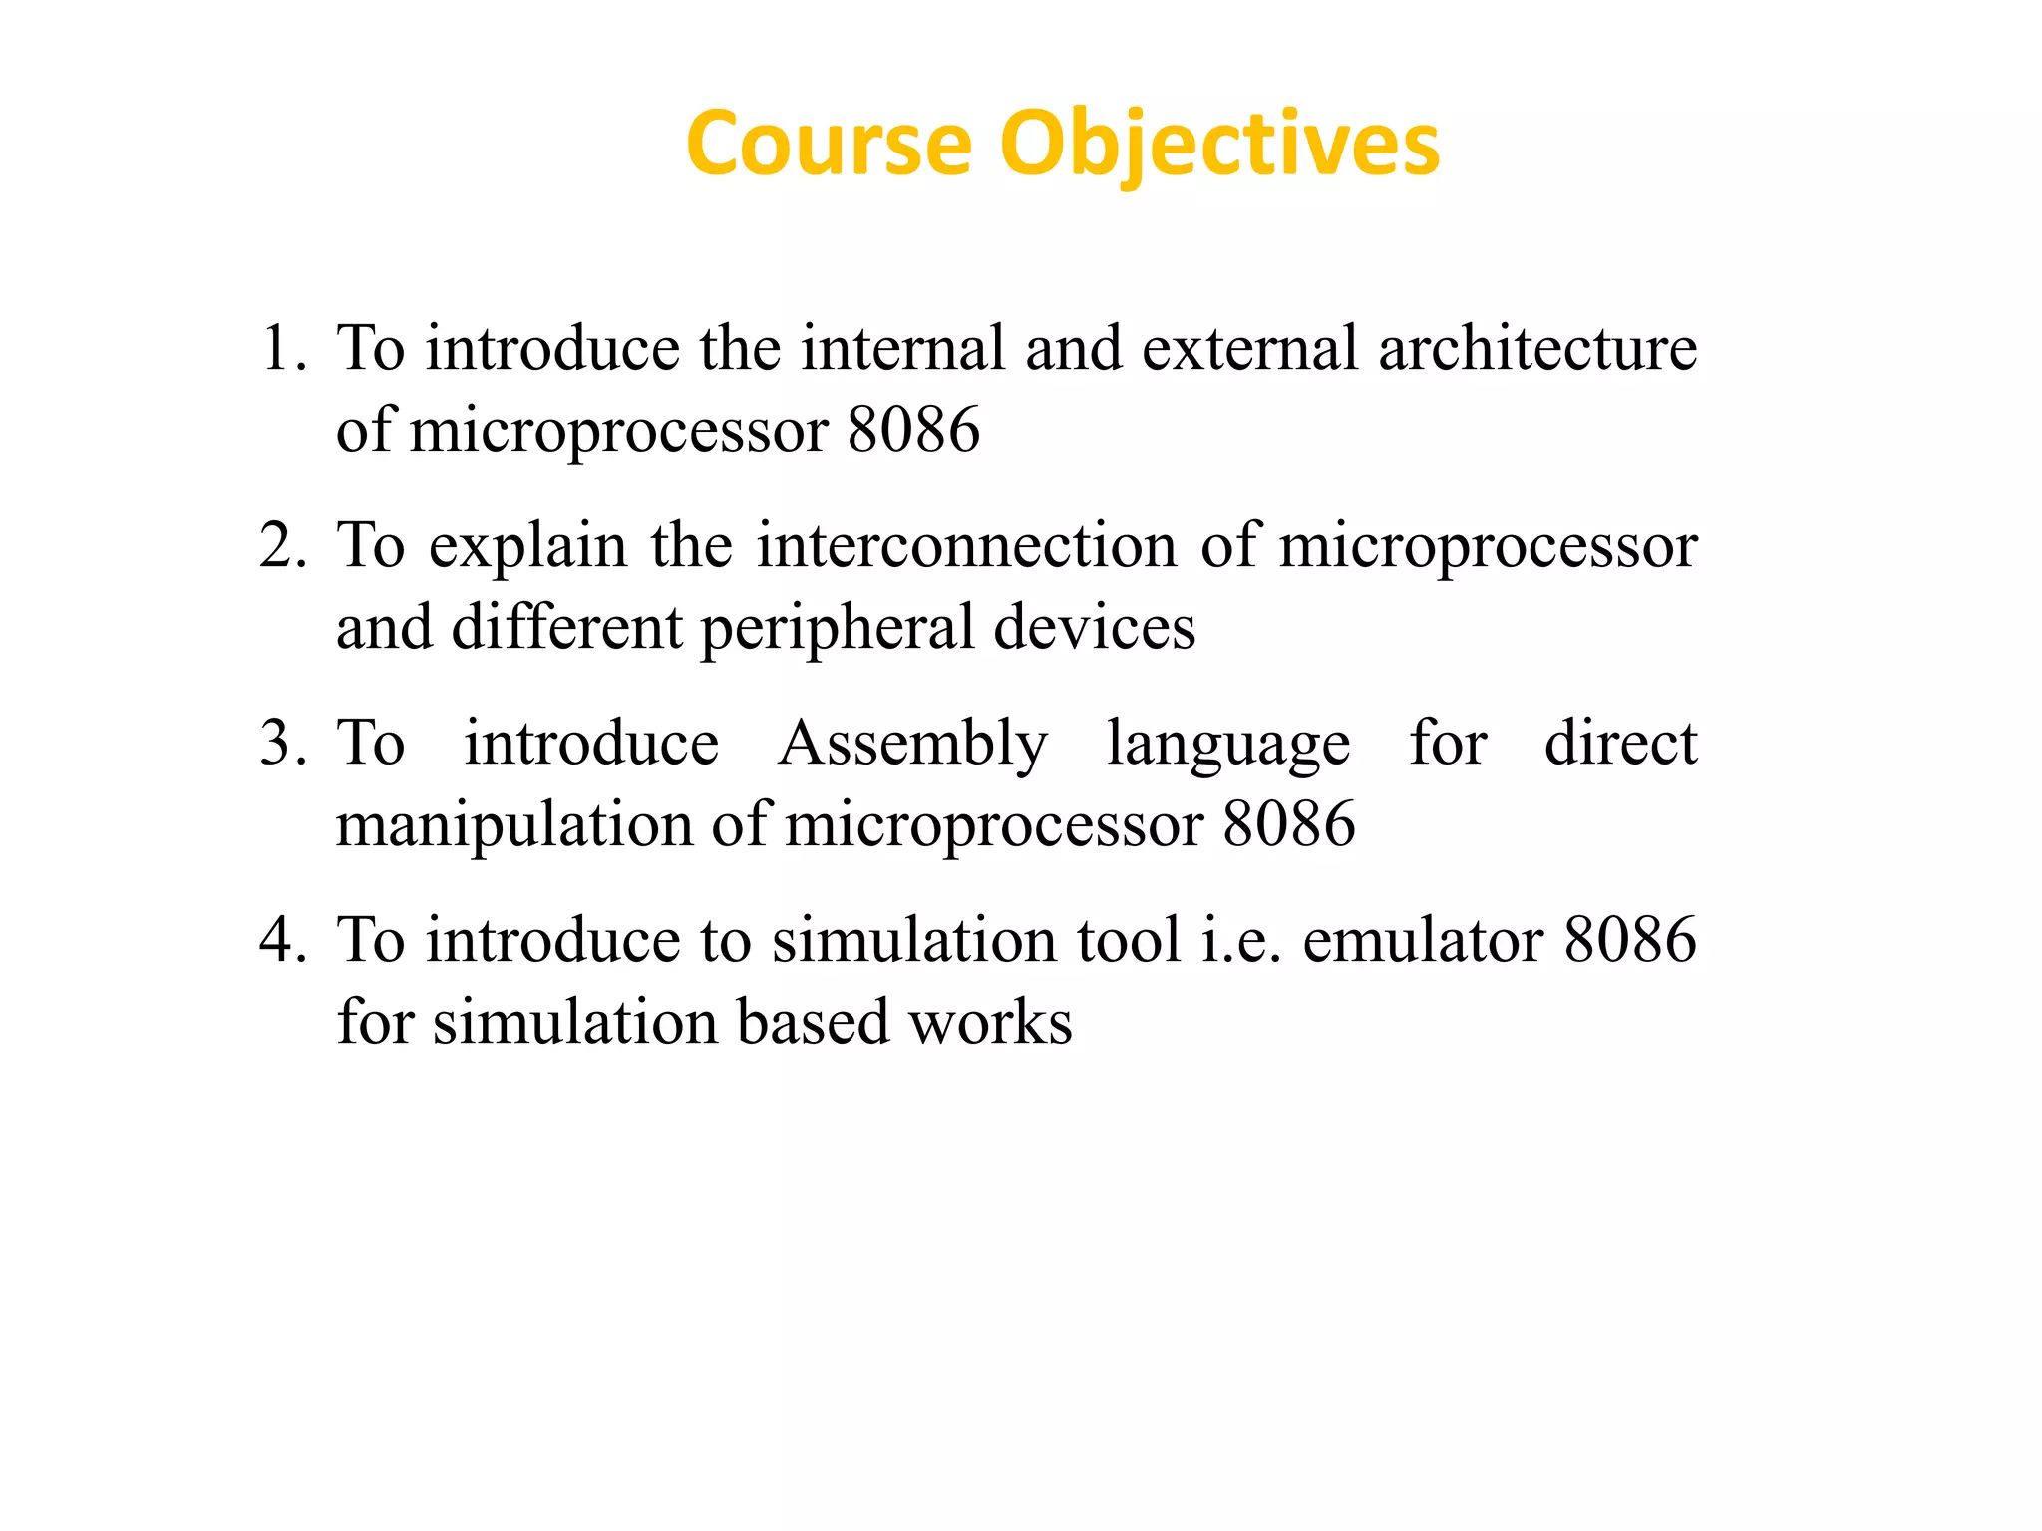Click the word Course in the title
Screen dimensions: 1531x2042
pos(829,146)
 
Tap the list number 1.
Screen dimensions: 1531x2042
pos(282,349)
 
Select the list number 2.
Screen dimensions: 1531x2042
pos(282,546)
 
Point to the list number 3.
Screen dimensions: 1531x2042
pos(282,744)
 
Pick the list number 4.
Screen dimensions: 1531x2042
pos(282,941)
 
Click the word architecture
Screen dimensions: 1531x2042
pos(1537,349)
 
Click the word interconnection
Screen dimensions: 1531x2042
pos(966,546)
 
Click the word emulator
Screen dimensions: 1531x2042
pos(1423,941)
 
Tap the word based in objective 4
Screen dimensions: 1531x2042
pos(813,1023)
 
